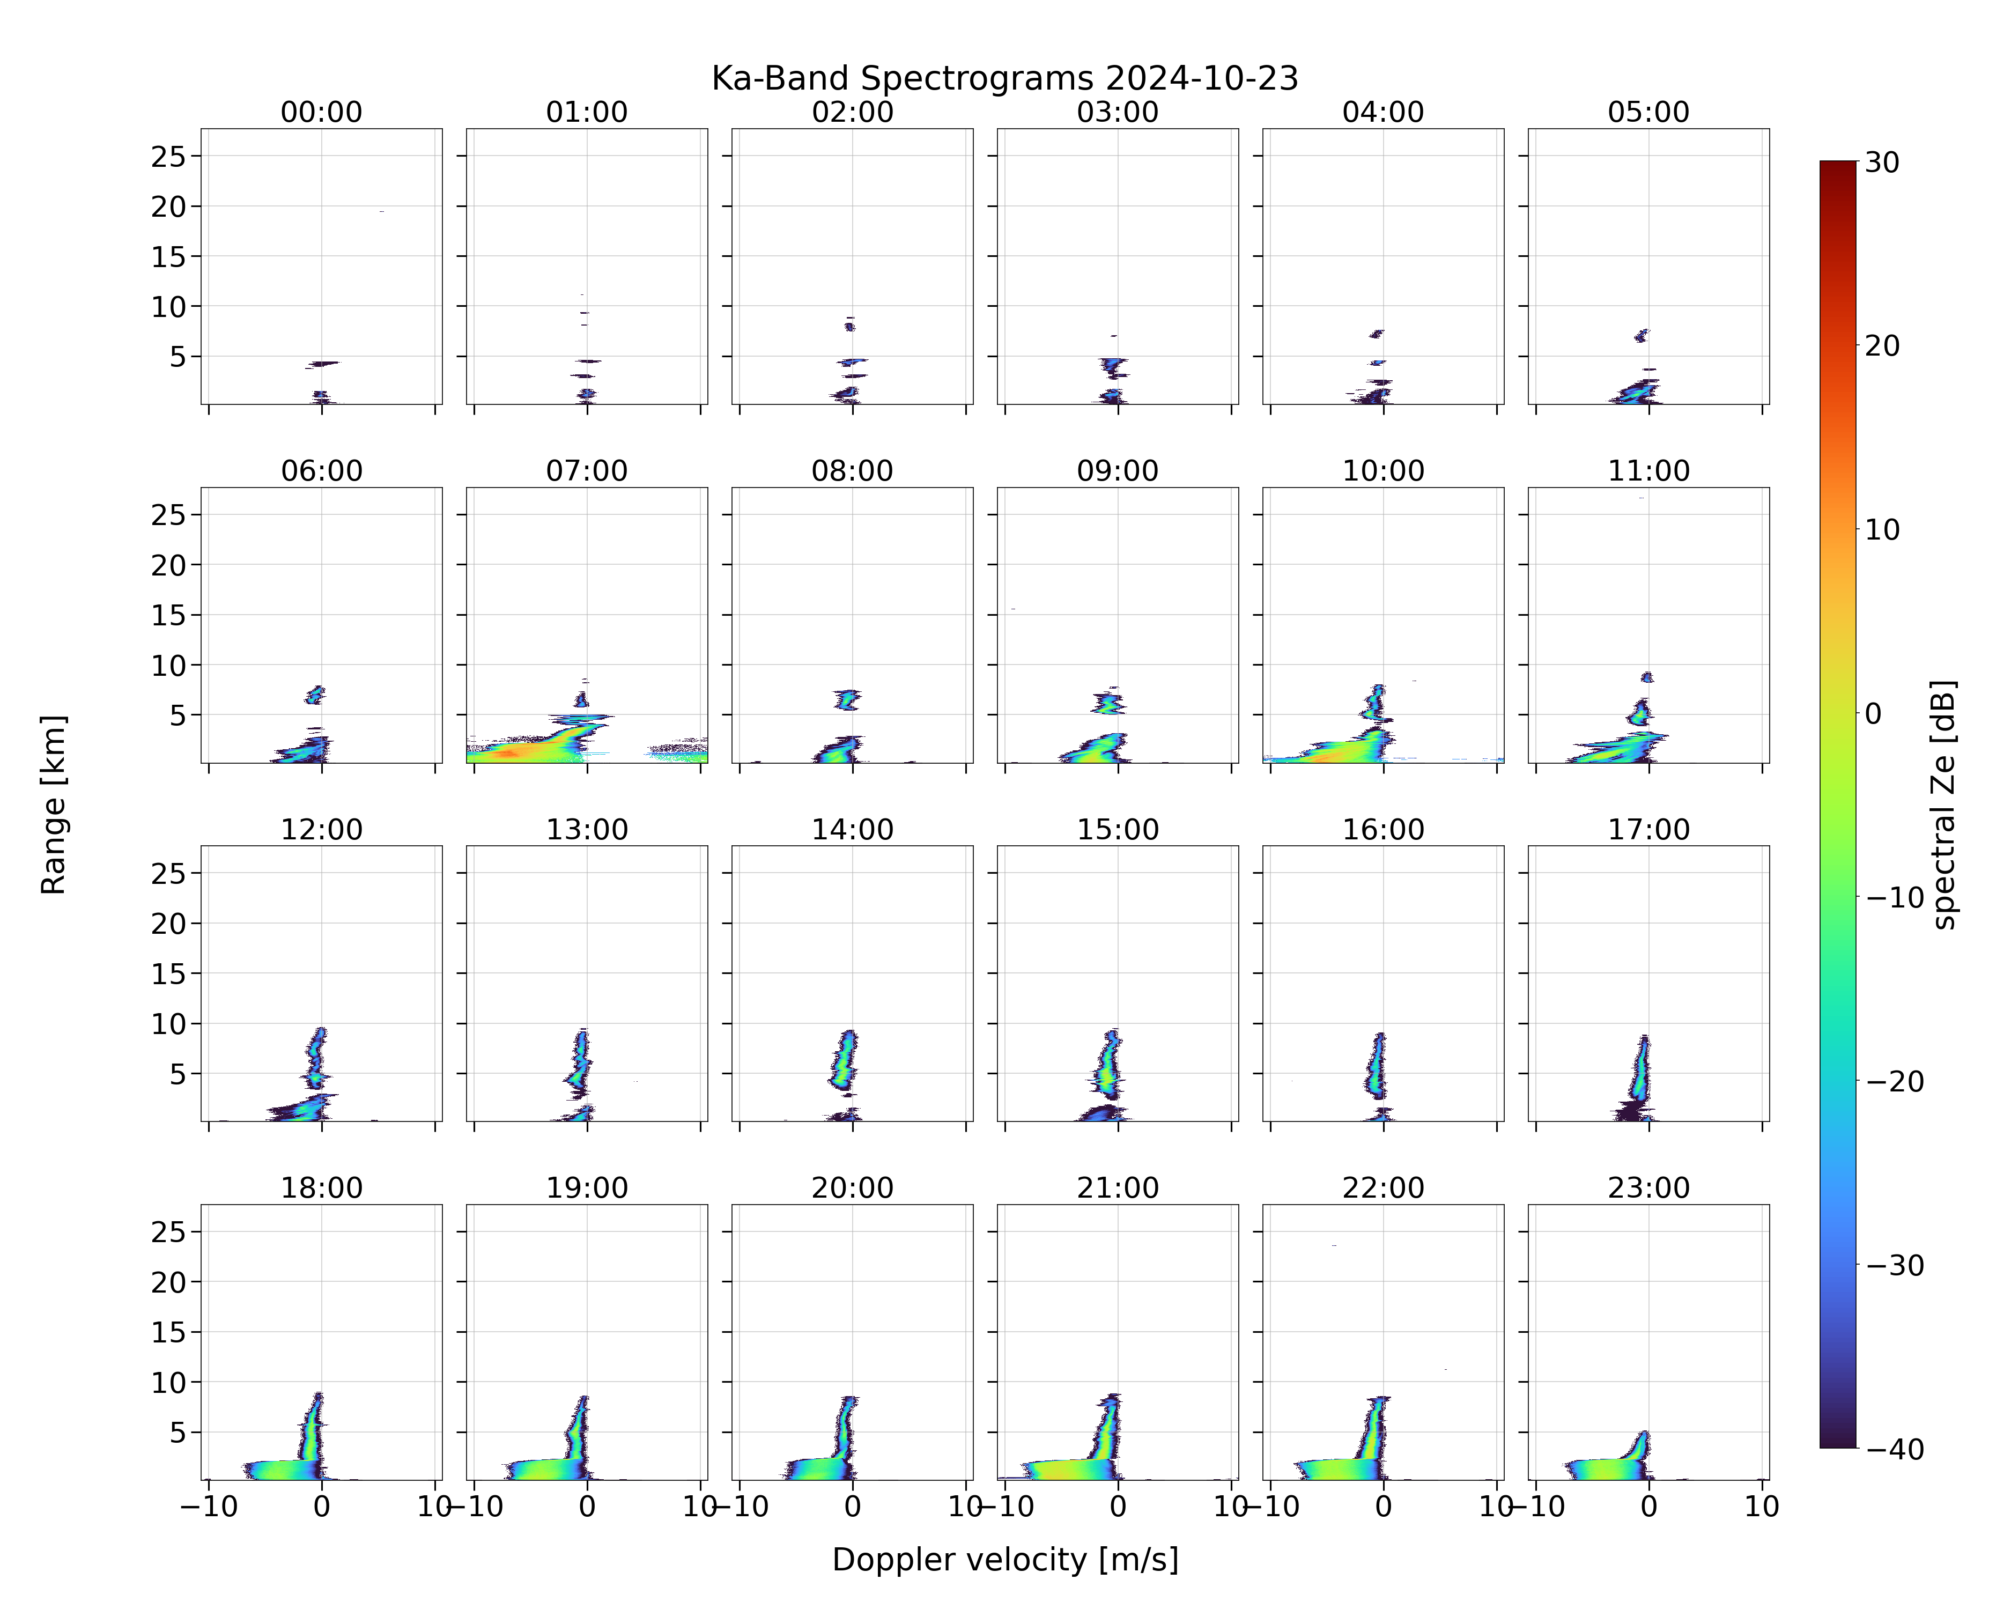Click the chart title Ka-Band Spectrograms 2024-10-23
click(x=1004, y=78)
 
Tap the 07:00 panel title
click(x=587, y=471)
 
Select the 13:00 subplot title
click(x=587, y=829)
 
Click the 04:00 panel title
click(x=1383, y=112)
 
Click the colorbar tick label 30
click(x=1882, y=163)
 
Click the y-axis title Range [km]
click(x=53, y=805)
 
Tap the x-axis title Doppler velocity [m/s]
click(x=1004, y=1559)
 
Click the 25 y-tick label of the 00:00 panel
click(x=169, y=157)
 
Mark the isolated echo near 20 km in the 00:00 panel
click(x=381, y=212)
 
